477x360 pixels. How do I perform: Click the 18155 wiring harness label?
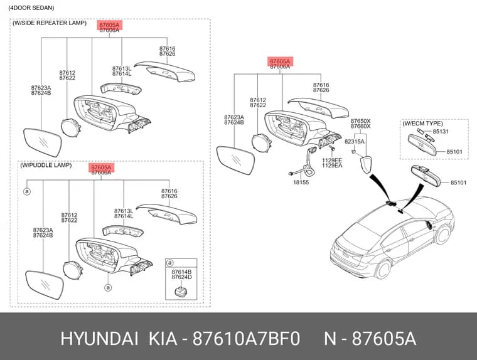click(x=301, y=183)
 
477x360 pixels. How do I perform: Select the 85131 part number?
click(x=441, y=132)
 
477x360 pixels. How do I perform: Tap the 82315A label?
click(x=354, y=142)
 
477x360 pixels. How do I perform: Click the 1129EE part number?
click(x=332, y=160)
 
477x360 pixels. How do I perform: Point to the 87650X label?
click(x=360, y=121)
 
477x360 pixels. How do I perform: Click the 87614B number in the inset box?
click(x=181, y=272)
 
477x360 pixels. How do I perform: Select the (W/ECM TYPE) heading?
click(x=422, y=124)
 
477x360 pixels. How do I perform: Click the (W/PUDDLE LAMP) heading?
click(x=46, y=165)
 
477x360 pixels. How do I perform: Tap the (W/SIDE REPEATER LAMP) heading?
click(x=50, y=23)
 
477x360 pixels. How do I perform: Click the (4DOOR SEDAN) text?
click(x=31, y=8)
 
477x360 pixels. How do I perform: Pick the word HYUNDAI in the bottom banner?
click(x=99, y=339)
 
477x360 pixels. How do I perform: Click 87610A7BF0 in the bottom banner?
click(x=247, y=339)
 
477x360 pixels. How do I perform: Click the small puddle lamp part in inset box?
click(x=180, y=291)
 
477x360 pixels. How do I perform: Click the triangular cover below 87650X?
click(x=366, y=165)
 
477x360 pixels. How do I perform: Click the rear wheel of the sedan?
click(x=383, y=270)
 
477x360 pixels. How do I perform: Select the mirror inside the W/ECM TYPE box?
click(x=422, y=145)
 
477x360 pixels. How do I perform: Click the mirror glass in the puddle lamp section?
click(x=45, y=285)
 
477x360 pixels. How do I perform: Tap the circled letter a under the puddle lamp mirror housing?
click(x=108, y=287)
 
